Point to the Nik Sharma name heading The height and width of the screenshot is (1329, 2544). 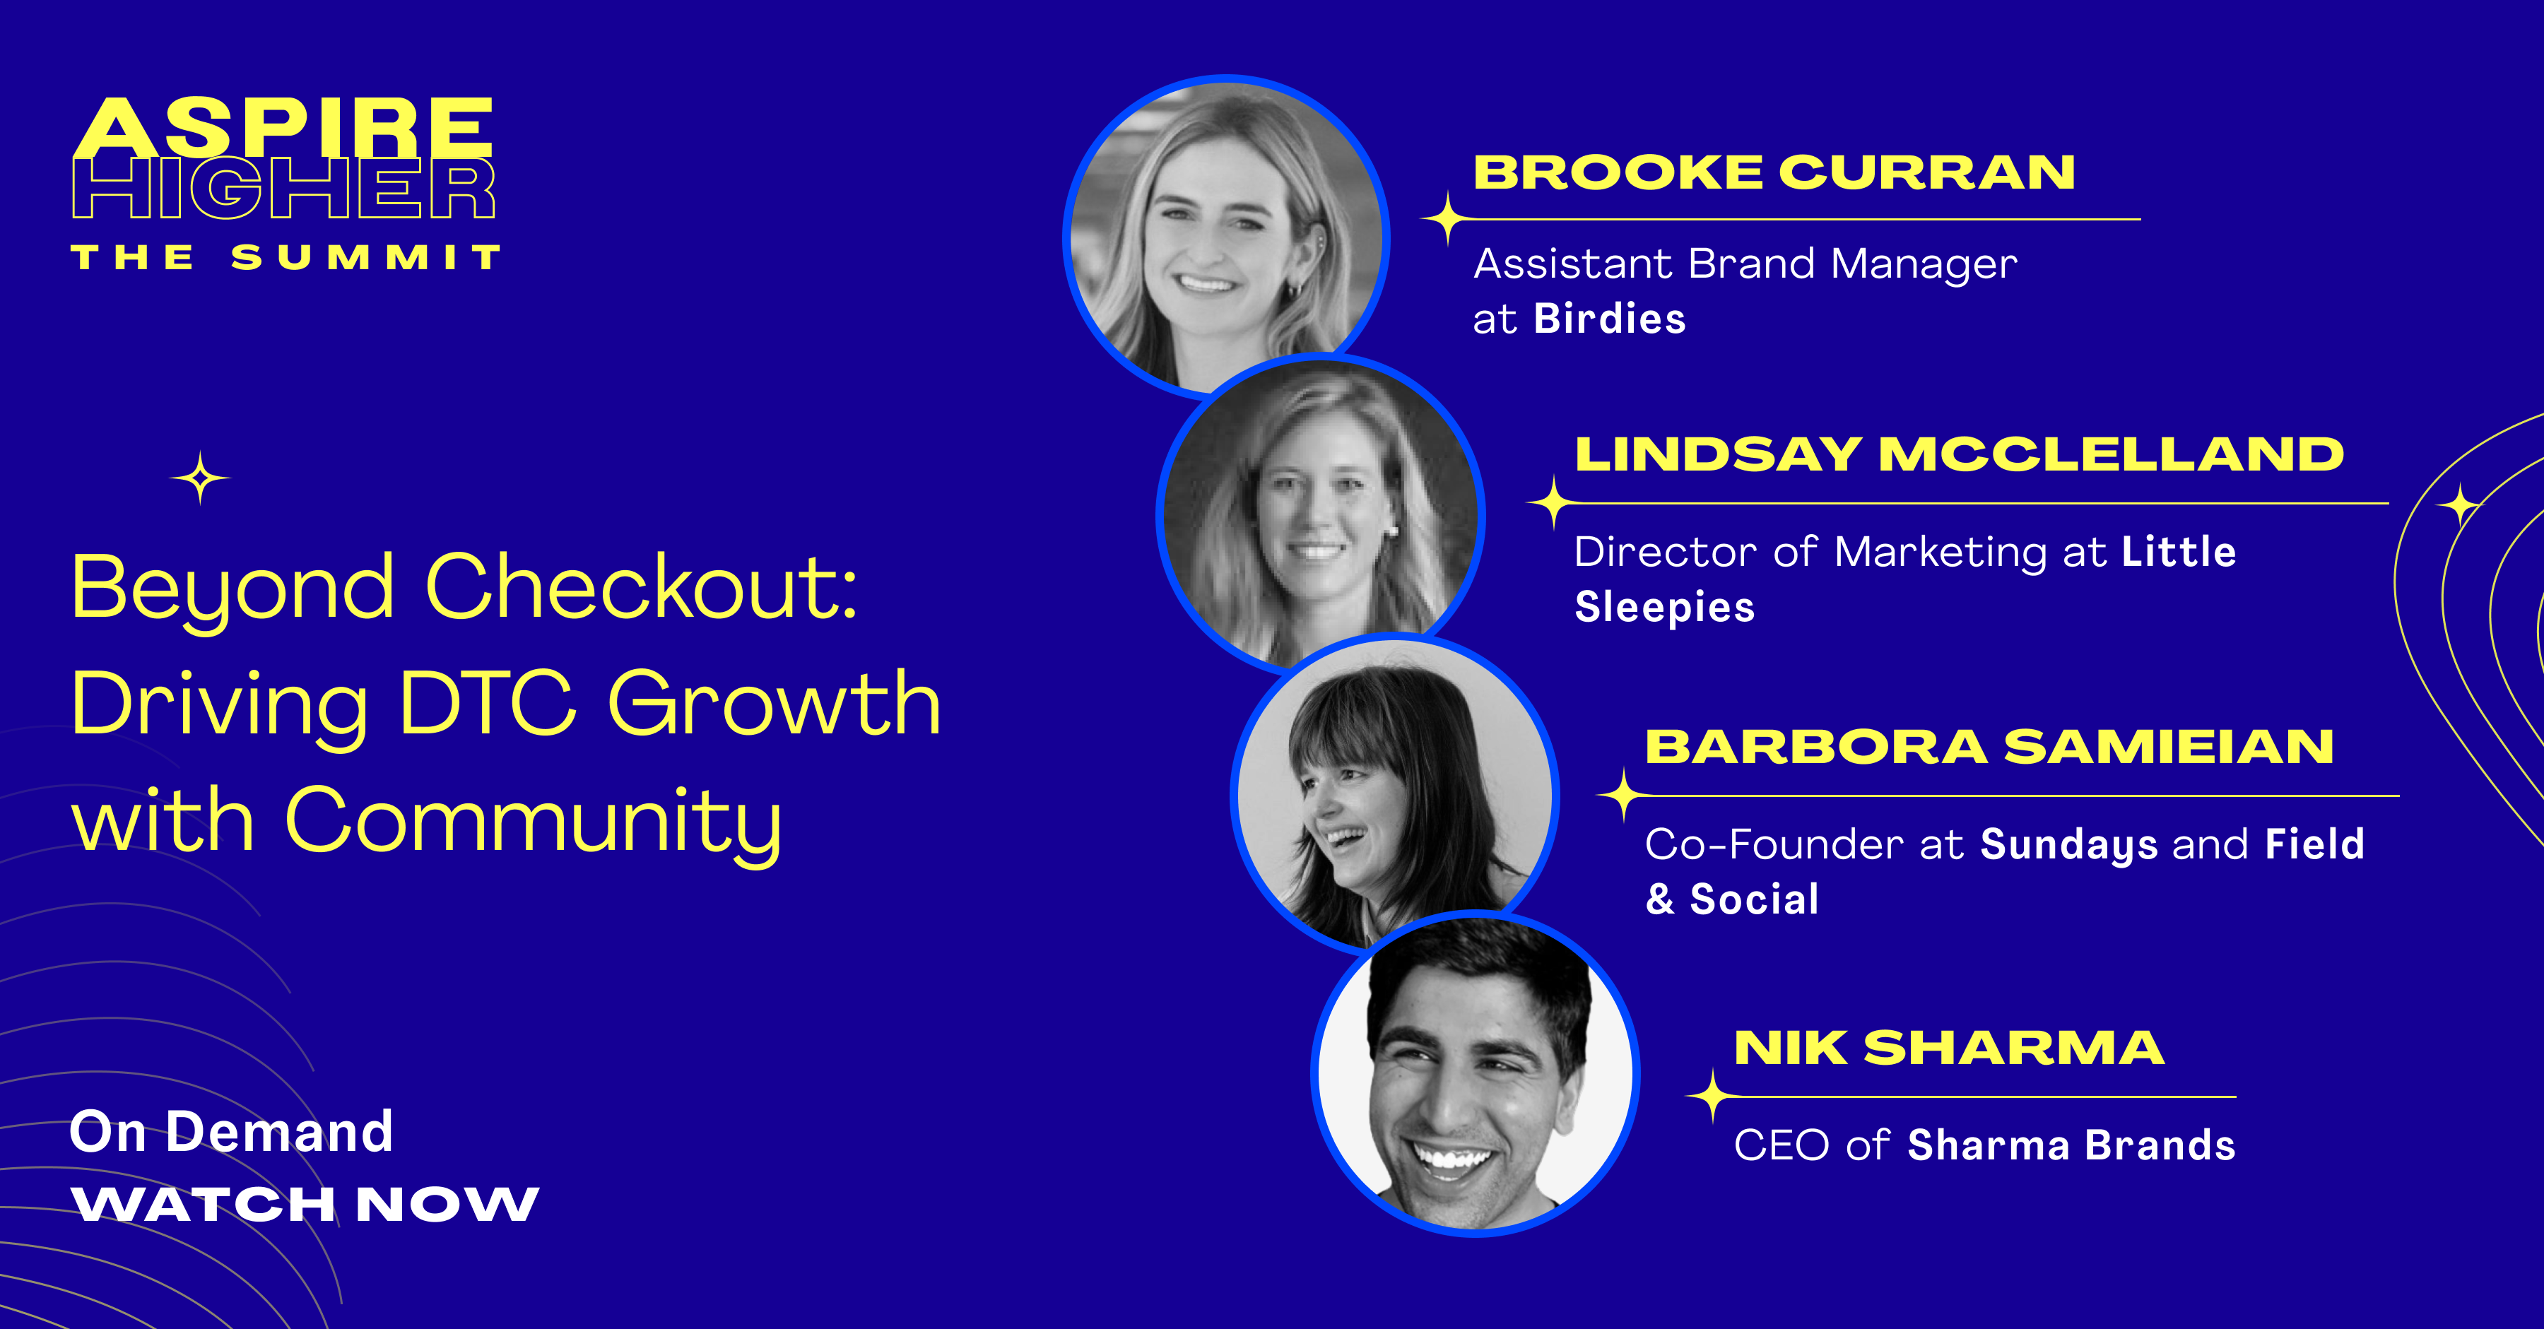click(1948, 1048)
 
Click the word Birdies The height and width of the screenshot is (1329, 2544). click(1610, 319)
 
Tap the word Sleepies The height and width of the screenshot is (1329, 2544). click(1664, 607)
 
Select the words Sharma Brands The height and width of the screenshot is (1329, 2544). click(2071, 1145)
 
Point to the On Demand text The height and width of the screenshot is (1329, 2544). click(232, 1132)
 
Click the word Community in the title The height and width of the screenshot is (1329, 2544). click(534, 822)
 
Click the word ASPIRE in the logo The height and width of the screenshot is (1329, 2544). click(283, 126)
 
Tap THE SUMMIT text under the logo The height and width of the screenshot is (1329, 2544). click(285, 258)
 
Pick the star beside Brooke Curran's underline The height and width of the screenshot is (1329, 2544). click(1448, 219)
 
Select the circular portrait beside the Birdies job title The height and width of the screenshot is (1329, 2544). click(1227, 238)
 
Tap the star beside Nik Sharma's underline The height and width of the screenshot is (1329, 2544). click(1712, 1096)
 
